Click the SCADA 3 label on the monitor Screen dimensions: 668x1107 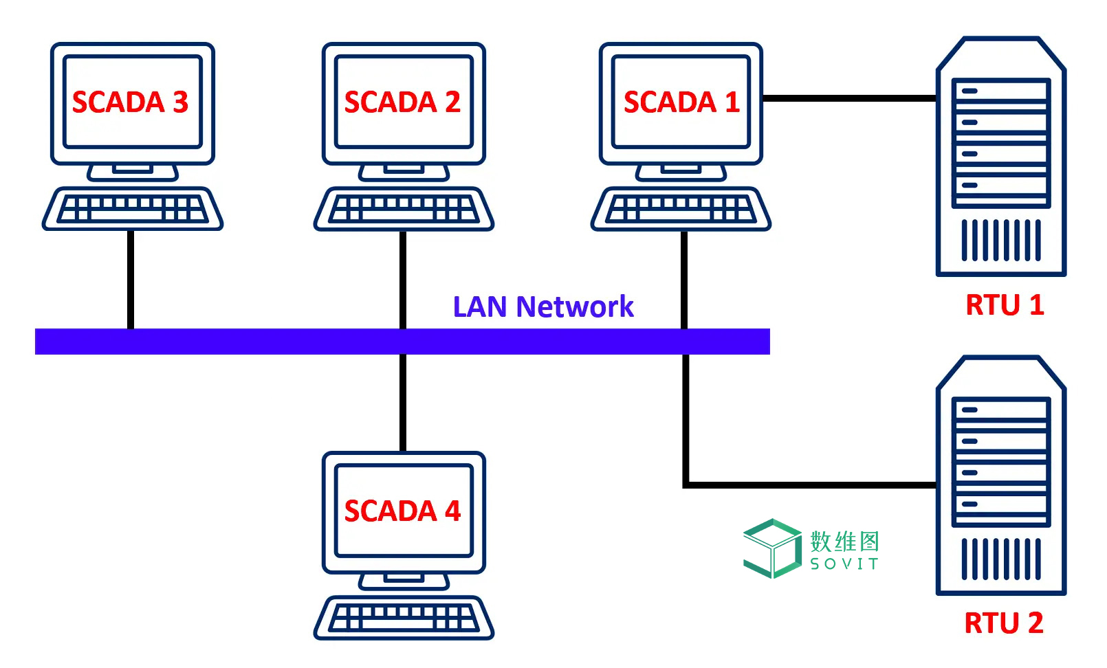tap(130, 102)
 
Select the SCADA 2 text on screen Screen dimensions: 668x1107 tap(402, 102)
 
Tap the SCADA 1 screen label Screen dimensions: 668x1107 tap(681, 102)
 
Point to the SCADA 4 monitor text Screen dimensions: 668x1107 tap(402, 511)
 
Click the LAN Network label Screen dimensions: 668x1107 tap(543, 307)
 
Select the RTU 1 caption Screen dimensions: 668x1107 tap(1005, 304)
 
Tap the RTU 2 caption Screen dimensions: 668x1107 tap(1003, 623)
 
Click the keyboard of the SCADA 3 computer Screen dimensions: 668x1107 tap(132, 208)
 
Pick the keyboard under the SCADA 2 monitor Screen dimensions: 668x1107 tap(404, 208)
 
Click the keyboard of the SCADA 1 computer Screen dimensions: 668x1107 tap(681, 208)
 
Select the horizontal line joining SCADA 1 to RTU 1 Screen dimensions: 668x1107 tap(849, 98)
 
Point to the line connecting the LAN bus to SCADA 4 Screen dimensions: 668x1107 tap(403, 402)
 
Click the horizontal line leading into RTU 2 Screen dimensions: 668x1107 tap(811, 485)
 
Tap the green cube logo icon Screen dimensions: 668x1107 tap(772, 548)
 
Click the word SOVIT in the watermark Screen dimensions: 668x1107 tap(844, 564)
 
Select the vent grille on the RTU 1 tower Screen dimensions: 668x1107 tap(1000, 240)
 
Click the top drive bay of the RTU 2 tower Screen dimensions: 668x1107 tap(1000, 410)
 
